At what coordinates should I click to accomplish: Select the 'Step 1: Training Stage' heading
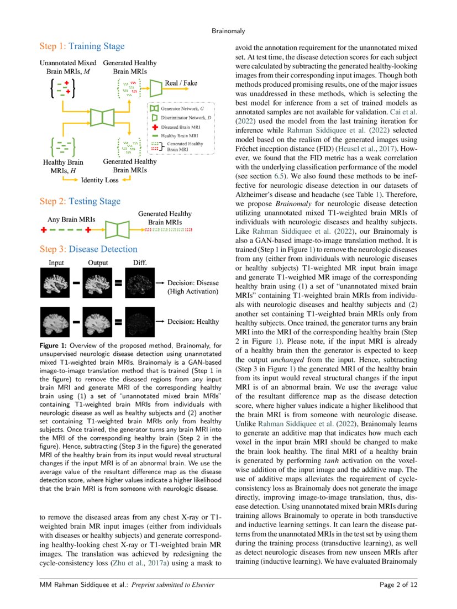(x=82, y=46)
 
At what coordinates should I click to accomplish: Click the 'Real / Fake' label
(x=182, y=83)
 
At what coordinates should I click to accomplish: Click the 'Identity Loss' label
(x=99, y=180)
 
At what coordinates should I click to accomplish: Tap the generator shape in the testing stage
(x=117, y=229)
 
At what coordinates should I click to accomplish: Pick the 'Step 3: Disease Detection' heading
(x=88, y=249)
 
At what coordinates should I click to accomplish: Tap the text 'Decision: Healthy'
(x=194, y=321)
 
